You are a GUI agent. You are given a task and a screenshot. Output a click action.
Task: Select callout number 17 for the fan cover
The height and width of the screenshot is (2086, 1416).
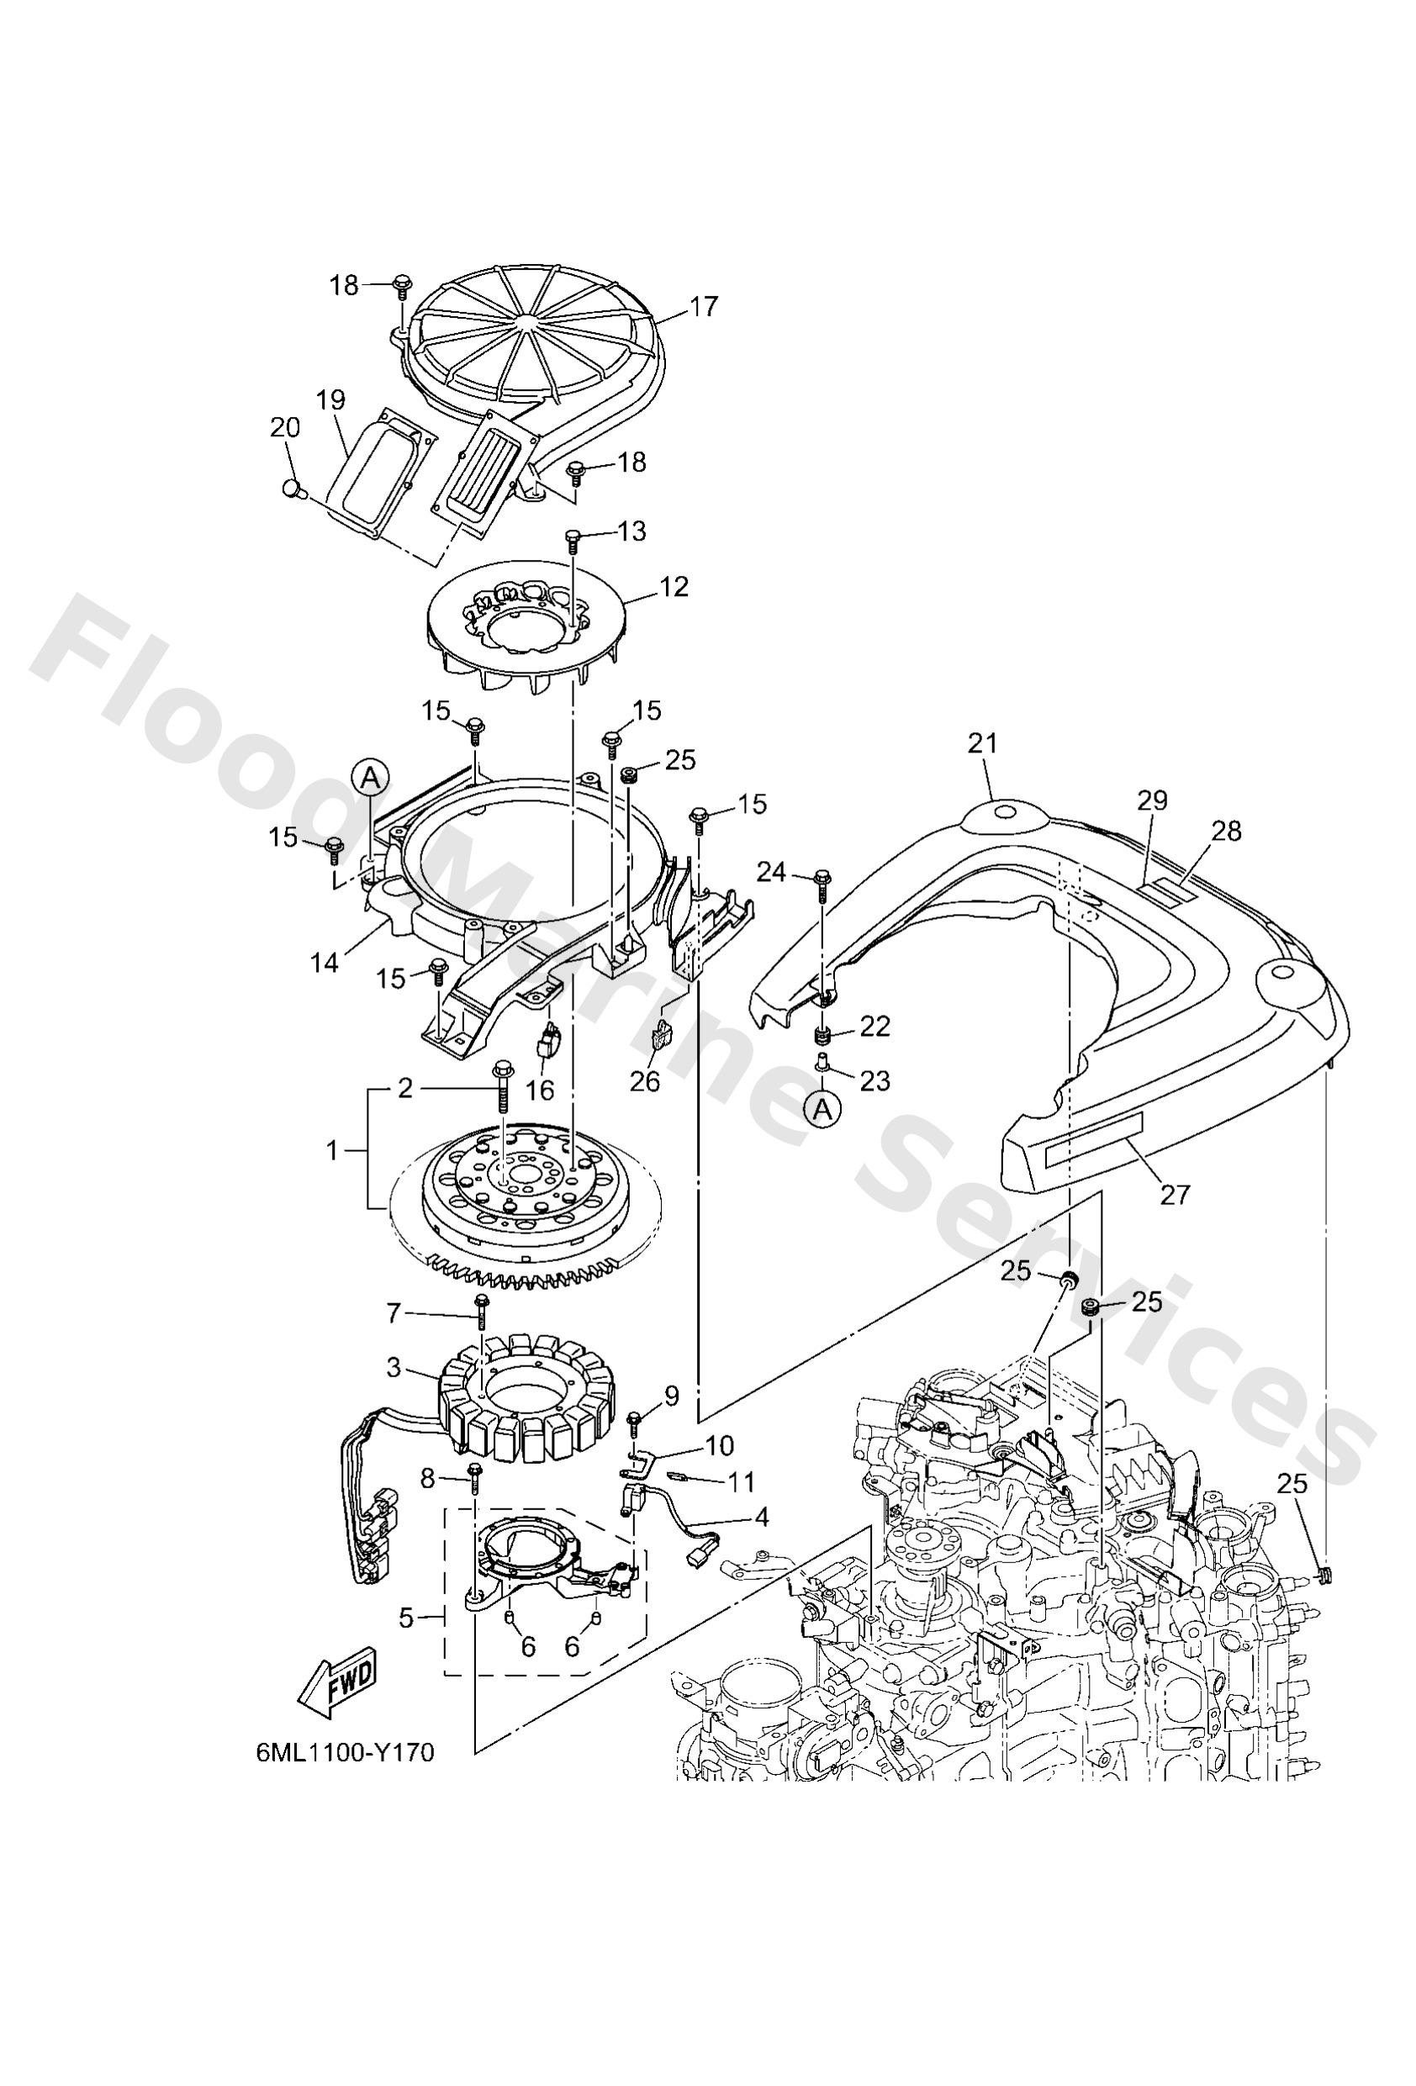pos(705,307)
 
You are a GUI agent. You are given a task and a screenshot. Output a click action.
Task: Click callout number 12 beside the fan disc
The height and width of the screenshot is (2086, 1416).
pos(674,587)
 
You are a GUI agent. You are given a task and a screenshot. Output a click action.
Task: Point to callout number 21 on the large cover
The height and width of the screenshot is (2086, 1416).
pos(982,743)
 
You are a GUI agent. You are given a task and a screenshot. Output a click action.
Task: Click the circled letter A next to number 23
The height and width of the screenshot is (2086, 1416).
pos(822,1112)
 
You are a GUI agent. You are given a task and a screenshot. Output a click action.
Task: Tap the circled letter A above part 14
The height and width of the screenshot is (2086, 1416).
pos(370,779)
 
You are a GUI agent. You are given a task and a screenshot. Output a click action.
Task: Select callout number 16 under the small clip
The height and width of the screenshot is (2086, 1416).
pos(540,1090)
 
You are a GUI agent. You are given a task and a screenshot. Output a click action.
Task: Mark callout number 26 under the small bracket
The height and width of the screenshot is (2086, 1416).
pos(645,1081)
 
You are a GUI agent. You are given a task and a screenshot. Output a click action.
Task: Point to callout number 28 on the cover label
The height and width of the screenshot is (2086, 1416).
pos(1226,832)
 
